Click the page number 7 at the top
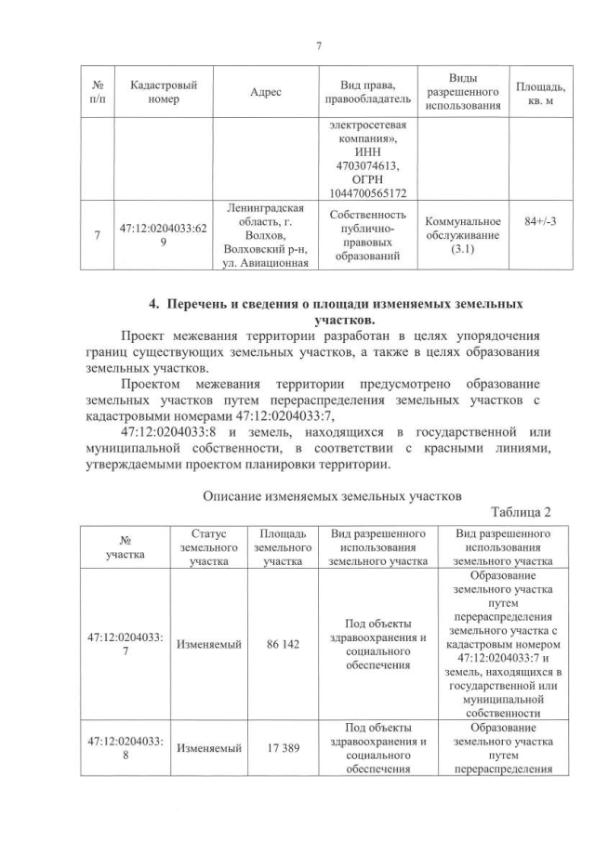tap(318, 46)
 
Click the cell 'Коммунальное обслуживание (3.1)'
tap(462, 236)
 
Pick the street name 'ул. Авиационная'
tap(267, 266)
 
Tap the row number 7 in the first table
tap(98, 236)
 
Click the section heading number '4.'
tap(157, 304)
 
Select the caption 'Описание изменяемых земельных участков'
tap(333, 496)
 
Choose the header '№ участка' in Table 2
tap(124, 547)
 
